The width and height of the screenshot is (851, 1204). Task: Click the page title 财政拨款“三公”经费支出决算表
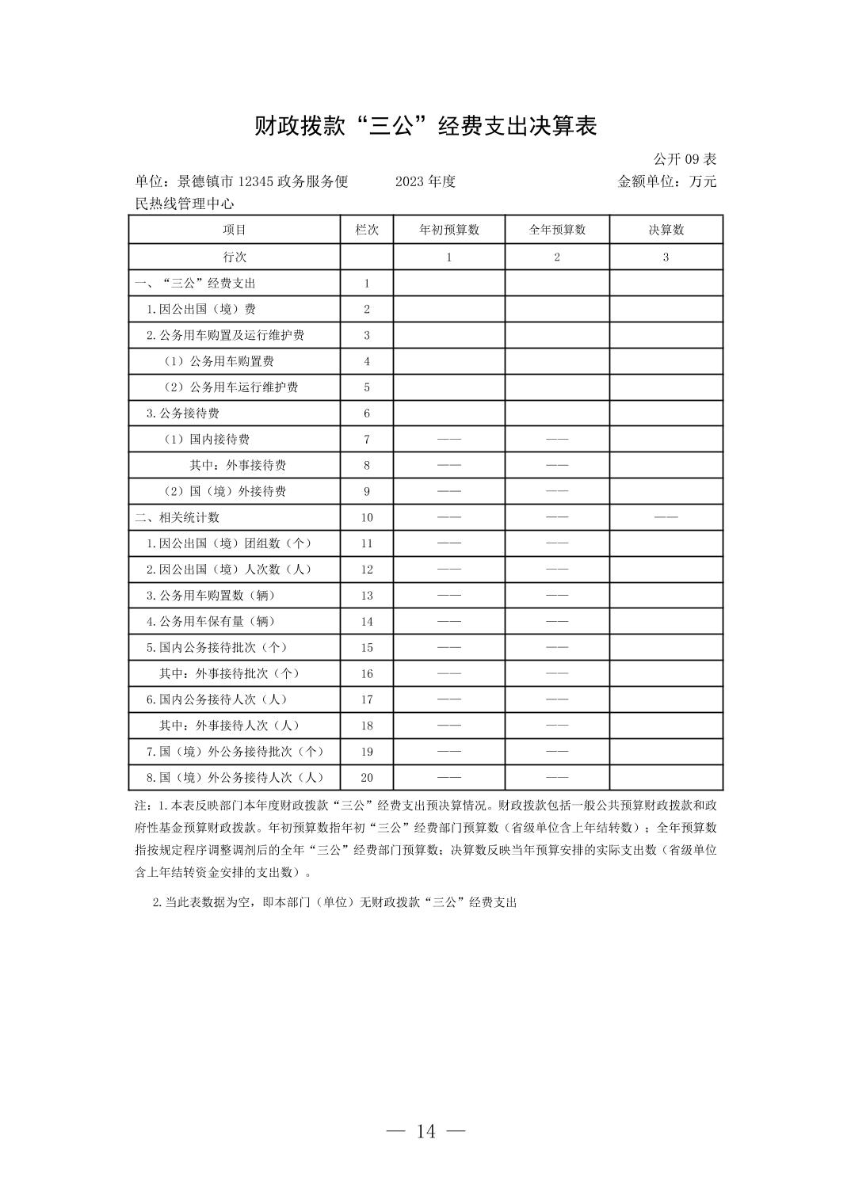coord(425,126)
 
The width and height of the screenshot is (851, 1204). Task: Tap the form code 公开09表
coord(685,159)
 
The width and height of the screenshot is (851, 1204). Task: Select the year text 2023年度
coord(425,181)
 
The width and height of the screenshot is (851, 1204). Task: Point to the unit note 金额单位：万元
coord(666,181)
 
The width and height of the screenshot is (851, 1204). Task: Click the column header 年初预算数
coord(448,230)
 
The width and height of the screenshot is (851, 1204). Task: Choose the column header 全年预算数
coord(557,230)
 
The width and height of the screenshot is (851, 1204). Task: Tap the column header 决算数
coord(666,230)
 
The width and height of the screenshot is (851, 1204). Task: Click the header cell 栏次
coord(367,230)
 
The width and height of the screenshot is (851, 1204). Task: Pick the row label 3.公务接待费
coord(182,413)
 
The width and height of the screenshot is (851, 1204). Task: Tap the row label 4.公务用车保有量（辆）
coord(211,621)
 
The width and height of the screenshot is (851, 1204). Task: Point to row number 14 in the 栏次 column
coord(367,621)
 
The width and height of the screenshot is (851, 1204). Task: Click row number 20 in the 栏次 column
coord(367,778)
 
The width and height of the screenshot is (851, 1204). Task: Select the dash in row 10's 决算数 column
coord(666,517)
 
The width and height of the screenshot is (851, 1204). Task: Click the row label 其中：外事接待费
coord(238,465)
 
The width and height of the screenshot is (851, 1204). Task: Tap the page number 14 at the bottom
coord(425,1131)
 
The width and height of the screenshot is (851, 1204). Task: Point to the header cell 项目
coord(235,230)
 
